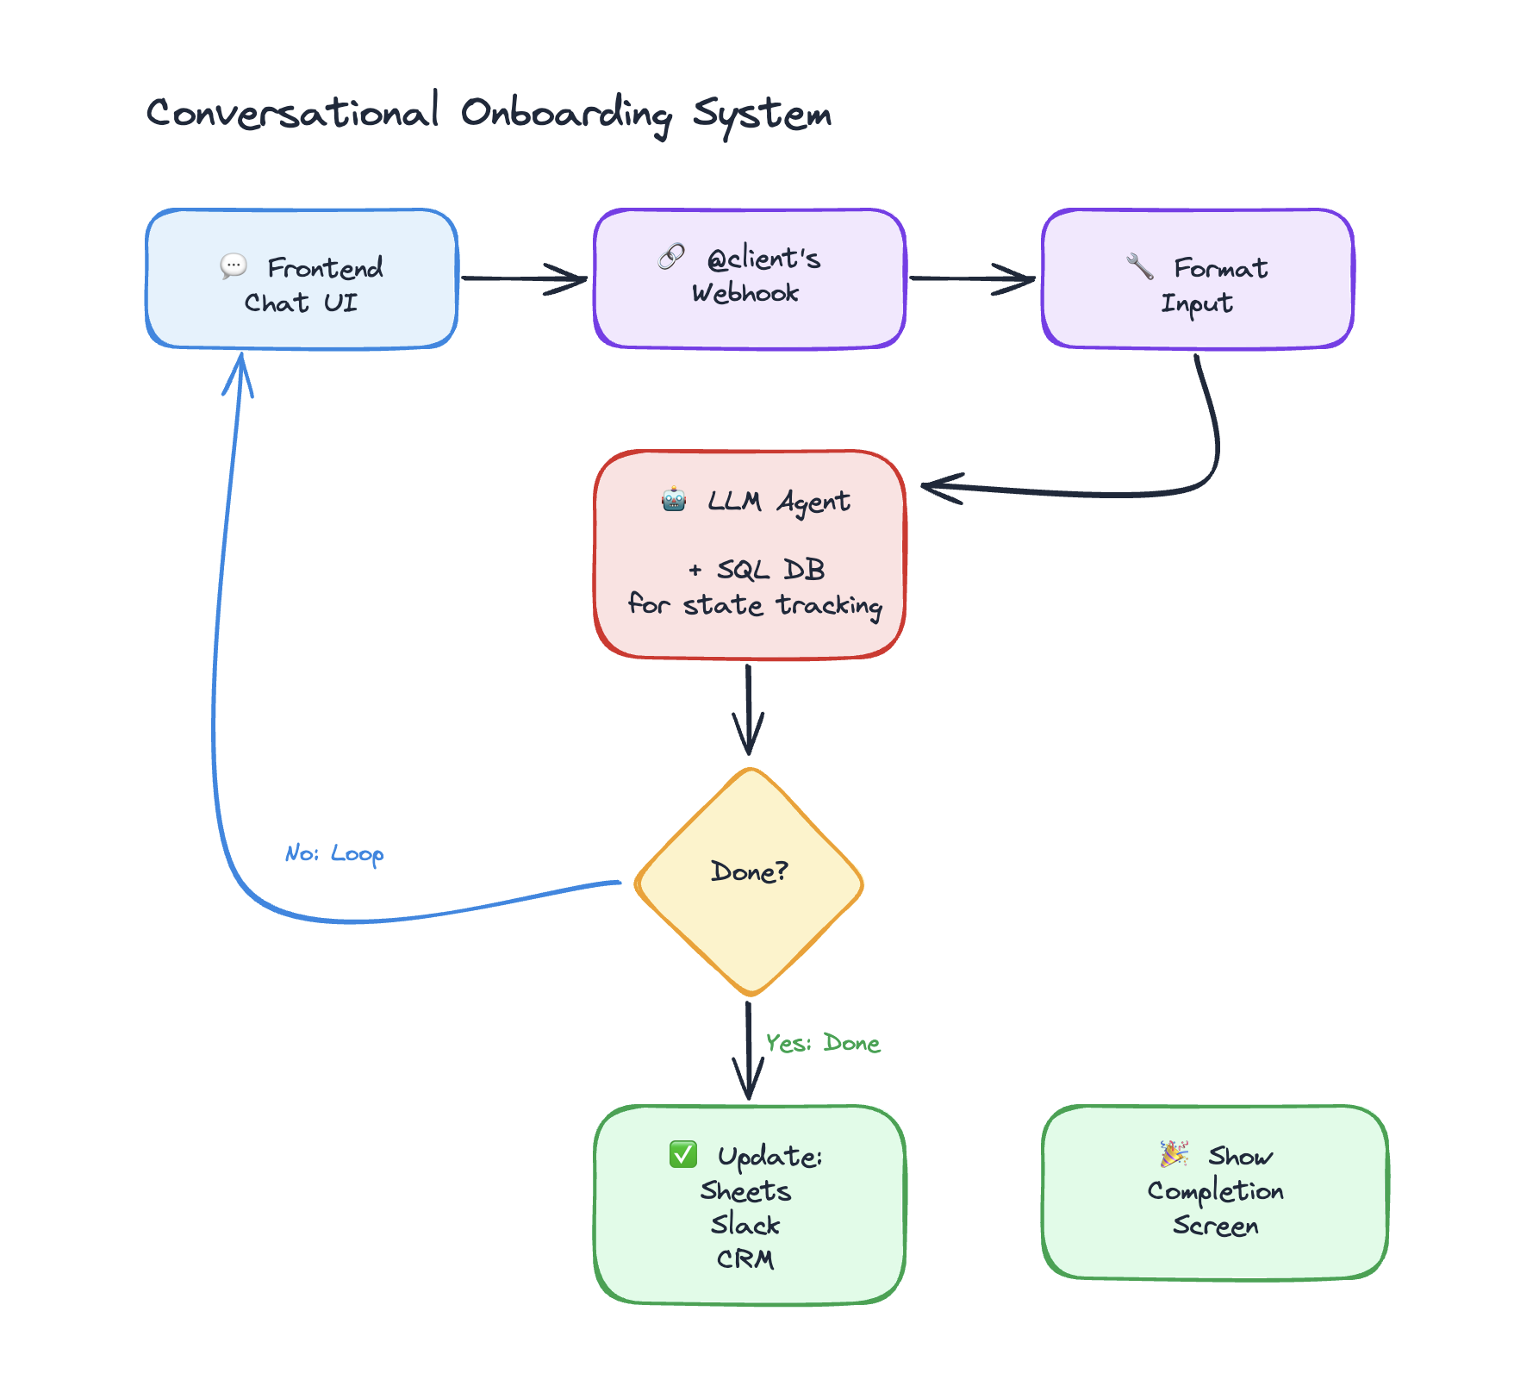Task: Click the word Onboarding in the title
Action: [565, 114]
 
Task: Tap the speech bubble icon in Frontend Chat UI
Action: [234, 265]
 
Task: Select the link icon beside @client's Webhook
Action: [671, 256]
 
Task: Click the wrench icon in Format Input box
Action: [1140, 266]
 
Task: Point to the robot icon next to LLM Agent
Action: [674, 499]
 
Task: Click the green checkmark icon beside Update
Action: [683, 1153]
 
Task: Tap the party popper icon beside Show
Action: [1174, 1153]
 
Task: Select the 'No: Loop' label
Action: [334, 853]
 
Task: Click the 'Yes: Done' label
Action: [822, 1043]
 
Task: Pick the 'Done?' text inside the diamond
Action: [749, 871]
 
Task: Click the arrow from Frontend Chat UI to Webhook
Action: [524, 278]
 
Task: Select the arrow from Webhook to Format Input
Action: [972, 278]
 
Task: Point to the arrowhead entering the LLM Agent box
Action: [939, 488]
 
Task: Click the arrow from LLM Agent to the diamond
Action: [748, 707]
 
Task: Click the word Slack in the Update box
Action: [745, 1225]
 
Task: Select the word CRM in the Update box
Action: [745, 1259]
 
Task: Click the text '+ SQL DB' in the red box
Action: [757, 570]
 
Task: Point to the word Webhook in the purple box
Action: [745, 293]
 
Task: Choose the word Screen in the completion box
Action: [1215, 1226]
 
